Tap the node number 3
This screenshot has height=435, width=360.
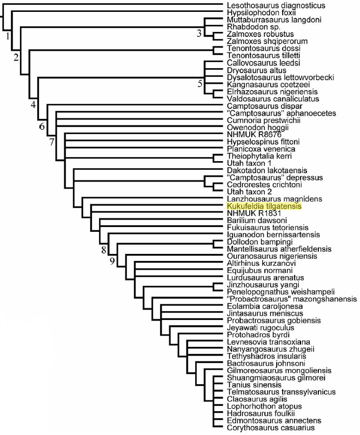coord(199,34)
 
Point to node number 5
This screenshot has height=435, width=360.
coord(200,84)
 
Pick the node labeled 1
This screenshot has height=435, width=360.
coord(8,37)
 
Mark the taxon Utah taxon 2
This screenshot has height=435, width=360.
coord(249,192)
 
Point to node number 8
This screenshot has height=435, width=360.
coord(104,249)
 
